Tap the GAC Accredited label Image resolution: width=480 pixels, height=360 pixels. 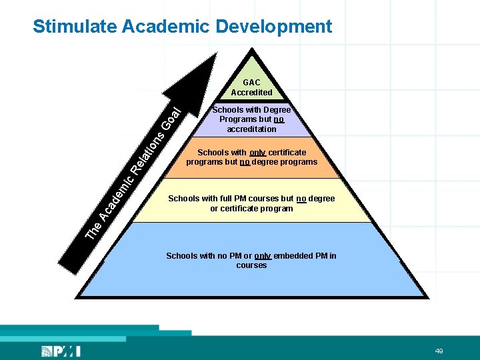(x=251, y=87)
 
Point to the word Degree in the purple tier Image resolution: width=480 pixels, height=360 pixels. (x=277, y=110)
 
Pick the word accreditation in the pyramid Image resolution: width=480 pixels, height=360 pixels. (x=251, y=129)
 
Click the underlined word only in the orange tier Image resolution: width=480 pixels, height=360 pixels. (x=257, y=153)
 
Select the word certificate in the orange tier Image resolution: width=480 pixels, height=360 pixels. (x=287, y=153)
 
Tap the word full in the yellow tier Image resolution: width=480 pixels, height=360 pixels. (x=227, y=199)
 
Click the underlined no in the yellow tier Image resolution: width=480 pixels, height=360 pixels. (x=301, y=199)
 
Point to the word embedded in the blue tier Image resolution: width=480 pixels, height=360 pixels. (x=295, y=256)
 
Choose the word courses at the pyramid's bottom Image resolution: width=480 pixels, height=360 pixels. (x=251, y=265)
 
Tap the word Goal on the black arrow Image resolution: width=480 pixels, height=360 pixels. (x=171, y=117)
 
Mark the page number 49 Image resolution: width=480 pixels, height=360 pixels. (x=439, y=351)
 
